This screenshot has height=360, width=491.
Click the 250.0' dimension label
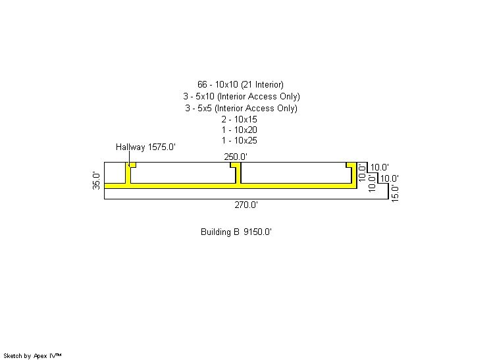(236, 157)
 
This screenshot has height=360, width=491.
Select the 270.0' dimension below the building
(246, 205)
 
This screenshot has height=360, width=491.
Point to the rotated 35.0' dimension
(96, 180)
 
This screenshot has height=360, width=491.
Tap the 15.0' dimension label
(395, 193)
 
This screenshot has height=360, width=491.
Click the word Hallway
(130, 147)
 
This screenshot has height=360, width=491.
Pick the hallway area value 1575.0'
(162, 147)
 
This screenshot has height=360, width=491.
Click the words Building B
(220, 232)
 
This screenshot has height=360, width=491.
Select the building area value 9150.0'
(258, 232)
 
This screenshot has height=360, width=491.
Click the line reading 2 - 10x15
(239, 119)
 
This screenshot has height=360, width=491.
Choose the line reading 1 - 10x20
(239, 130)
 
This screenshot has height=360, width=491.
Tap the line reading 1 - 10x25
(239, 140)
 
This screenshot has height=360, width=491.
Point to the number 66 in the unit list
(202, 84)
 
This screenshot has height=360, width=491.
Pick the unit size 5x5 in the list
(205, 108)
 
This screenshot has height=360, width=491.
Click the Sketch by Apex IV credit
(32, 356)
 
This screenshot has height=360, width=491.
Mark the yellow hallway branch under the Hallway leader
(128, 174)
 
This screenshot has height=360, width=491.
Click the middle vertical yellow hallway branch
(238, 174)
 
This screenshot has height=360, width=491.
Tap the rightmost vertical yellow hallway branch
(354, 174)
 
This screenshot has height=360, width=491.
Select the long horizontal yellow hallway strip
(230, 186)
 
